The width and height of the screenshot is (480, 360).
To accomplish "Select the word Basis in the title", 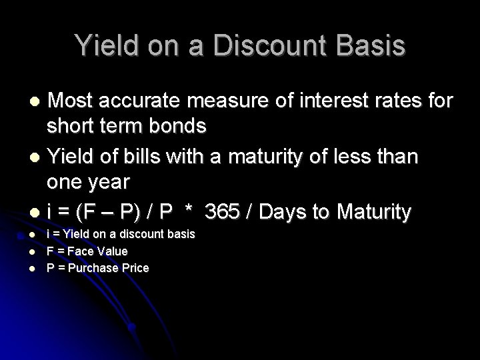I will (368, 46).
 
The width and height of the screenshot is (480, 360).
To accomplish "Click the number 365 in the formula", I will (223, 212).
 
